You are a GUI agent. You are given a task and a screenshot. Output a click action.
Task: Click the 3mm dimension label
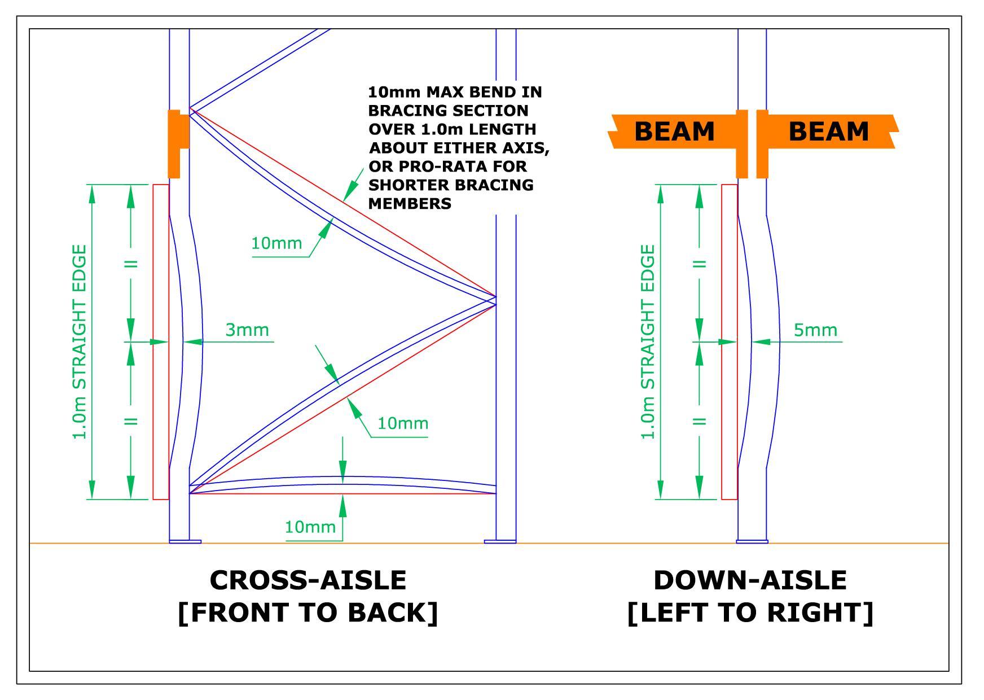click(247, 330)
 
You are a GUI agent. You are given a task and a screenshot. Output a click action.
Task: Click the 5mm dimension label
click(815, 330)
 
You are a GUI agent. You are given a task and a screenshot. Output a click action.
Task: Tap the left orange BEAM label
click(674, 132)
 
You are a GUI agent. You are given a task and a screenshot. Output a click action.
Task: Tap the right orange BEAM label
click(828, 132)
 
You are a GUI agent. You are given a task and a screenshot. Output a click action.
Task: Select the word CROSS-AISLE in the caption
click(308, 580)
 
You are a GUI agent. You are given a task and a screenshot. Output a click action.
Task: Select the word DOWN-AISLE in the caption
click(750, 580)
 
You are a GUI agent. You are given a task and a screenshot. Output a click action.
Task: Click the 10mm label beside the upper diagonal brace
click(276, 243)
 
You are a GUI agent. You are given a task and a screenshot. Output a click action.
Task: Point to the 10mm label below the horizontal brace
click(310, 527)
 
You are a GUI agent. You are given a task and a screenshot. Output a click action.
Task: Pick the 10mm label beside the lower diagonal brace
click(402, 423)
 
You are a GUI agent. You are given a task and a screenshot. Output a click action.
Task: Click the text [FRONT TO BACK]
click(308, 613)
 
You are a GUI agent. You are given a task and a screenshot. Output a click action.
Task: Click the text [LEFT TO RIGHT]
click(750, 613)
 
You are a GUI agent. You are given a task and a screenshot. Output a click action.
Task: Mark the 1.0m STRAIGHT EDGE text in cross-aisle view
click(80, 342)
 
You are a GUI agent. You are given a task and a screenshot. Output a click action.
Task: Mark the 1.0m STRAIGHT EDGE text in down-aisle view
click(649, 342)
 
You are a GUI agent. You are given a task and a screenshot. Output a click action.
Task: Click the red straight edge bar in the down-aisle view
click(729, 342)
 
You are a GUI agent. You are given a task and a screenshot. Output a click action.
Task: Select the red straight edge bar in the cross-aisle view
click(161, 342)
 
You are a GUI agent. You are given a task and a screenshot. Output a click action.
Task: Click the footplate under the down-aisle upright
click(752, 542)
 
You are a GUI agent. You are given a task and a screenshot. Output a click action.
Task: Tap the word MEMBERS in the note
click(410, 204)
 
